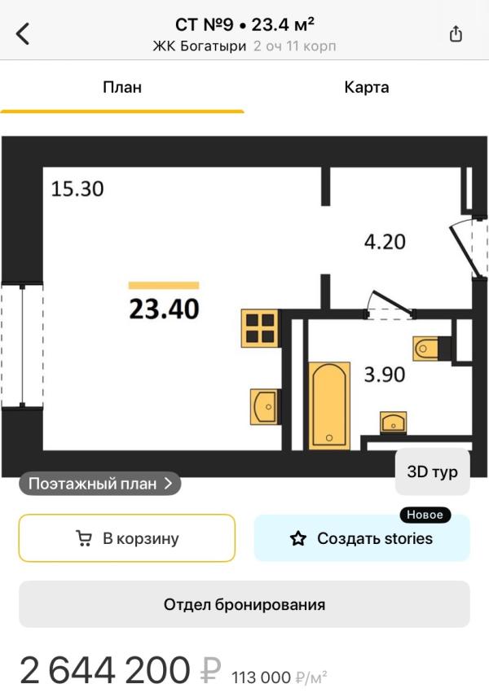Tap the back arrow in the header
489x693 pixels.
[x=23, y=33]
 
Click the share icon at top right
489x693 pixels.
[x=456, y=33]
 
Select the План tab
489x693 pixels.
[x=122, y=87]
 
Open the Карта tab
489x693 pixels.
[x=367, y=87]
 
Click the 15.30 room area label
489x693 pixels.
[x=77, y=189]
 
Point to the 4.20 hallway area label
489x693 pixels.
[x=385, y=242]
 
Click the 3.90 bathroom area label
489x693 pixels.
[x=384, y=375]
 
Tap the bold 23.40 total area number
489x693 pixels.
[x=164, y=309]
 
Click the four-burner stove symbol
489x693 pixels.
[x=260, y=328]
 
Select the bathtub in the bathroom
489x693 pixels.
[x=329, y=406]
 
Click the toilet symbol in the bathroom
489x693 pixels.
[x=427, y=349]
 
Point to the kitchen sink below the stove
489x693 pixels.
[x=265, y=406]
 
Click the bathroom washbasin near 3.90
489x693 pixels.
[x=393, y=423]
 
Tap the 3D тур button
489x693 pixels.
[x=432, y=472]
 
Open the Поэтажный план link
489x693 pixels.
[x=100, y=484]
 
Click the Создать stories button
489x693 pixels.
[x=362, y=538]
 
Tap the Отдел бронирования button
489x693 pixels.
[x=244, y=604]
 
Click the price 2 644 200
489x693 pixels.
[x=105, y=670]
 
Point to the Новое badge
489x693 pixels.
[x=425, y=515]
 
